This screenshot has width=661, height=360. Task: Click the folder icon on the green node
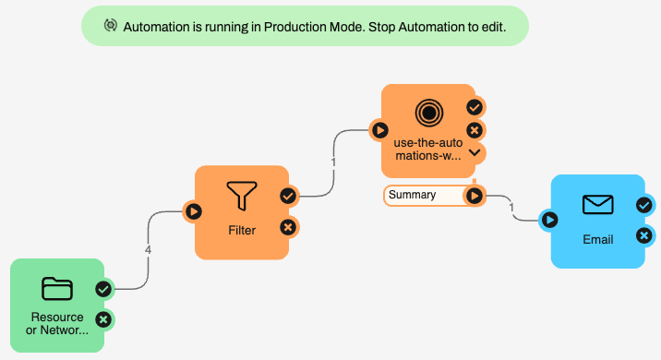tap(57, 289)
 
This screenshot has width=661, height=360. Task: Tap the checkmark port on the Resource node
tap(103, 289)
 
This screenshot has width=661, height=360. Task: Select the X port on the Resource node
tap(103, 319)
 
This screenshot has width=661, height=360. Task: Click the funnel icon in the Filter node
tap(242, 196)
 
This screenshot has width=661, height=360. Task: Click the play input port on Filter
tap(194, 211)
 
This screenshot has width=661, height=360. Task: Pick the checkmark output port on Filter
tap(288, 196)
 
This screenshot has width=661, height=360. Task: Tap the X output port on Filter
tap(288, 228)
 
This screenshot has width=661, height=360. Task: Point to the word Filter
tap(242, 230)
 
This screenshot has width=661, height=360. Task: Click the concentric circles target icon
tap(428, 113)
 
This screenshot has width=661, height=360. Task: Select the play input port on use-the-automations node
tap(379, 130)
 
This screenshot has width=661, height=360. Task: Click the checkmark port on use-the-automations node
tap(475, 107)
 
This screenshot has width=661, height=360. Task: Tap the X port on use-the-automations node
tap(475, 130)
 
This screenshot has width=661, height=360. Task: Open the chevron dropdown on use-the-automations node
tap(475, 152)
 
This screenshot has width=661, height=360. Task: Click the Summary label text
tap(412, 195)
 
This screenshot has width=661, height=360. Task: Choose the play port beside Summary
tap(475, 196)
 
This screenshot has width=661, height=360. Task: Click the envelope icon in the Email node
tap(598, 205)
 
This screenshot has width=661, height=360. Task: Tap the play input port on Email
tap(549, 220)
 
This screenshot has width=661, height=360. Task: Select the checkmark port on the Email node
tap(644, 205)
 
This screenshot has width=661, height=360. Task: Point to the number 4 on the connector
tap(148, 250)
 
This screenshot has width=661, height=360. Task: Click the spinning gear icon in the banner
tap(111, 26)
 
